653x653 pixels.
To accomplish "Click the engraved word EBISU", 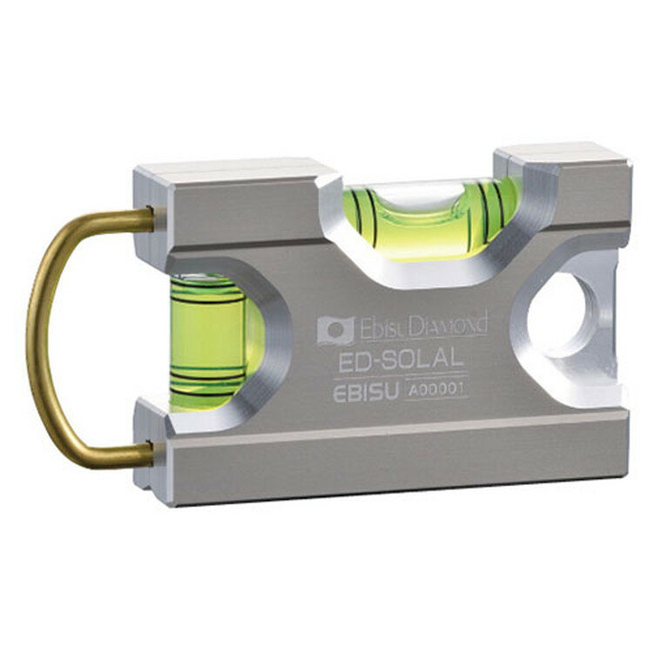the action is tap(366, 393).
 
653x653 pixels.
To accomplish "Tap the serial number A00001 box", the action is tap(435, 390).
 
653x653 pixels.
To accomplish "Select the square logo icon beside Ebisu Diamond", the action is tap(336, 330).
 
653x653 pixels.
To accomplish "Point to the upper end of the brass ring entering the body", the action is tap(150, 219).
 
